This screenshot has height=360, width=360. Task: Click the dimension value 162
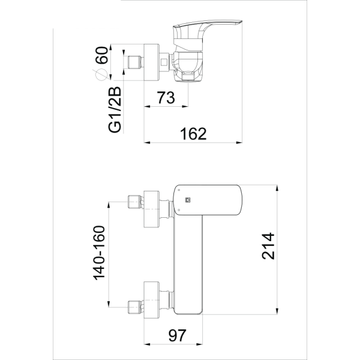(x=193, y=133)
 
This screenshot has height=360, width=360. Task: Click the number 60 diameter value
(x=101, y=58)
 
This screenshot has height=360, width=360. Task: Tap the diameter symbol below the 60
(x=101, y=74)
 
